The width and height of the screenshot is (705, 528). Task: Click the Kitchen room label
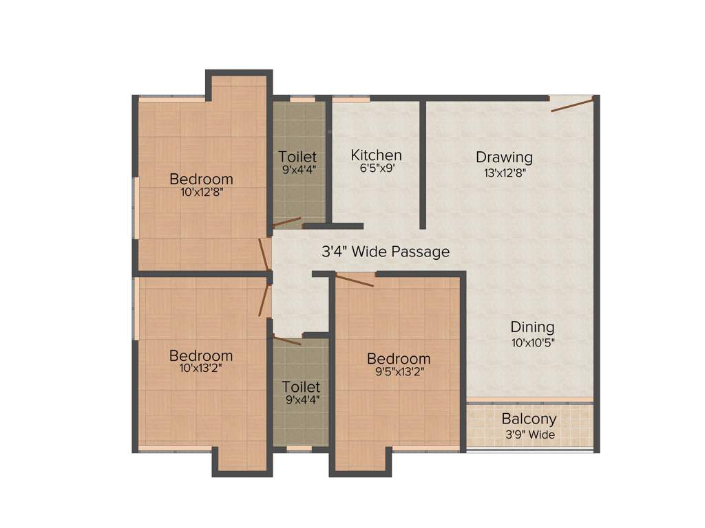pos(376,155)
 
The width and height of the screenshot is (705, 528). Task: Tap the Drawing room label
pos(504,157)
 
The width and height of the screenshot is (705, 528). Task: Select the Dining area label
pos(532,327)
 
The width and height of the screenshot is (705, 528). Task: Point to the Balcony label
pos(529,419)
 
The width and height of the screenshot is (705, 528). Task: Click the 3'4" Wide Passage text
pos(386,252)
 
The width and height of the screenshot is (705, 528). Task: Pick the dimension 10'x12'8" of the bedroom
pos(202,192)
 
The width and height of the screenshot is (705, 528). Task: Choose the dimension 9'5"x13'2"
pos(399,372)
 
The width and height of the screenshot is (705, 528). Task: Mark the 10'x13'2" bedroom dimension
pos(201,368)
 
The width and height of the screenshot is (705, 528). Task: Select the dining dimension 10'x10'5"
pos(532,342)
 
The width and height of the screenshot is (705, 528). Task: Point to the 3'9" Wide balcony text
pos(529,434)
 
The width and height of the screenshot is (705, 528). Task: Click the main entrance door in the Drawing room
pos(571,104)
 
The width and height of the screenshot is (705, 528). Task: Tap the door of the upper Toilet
pos(287,222)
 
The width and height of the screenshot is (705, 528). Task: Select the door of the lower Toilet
pos(287,340)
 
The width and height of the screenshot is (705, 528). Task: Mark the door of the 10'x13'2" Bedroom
pos(264,302)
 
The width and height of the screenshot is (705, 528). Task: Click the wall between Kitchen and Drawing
pos(422,165)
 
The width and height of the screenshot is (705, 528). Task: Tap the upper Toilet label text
pos(297,156)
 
